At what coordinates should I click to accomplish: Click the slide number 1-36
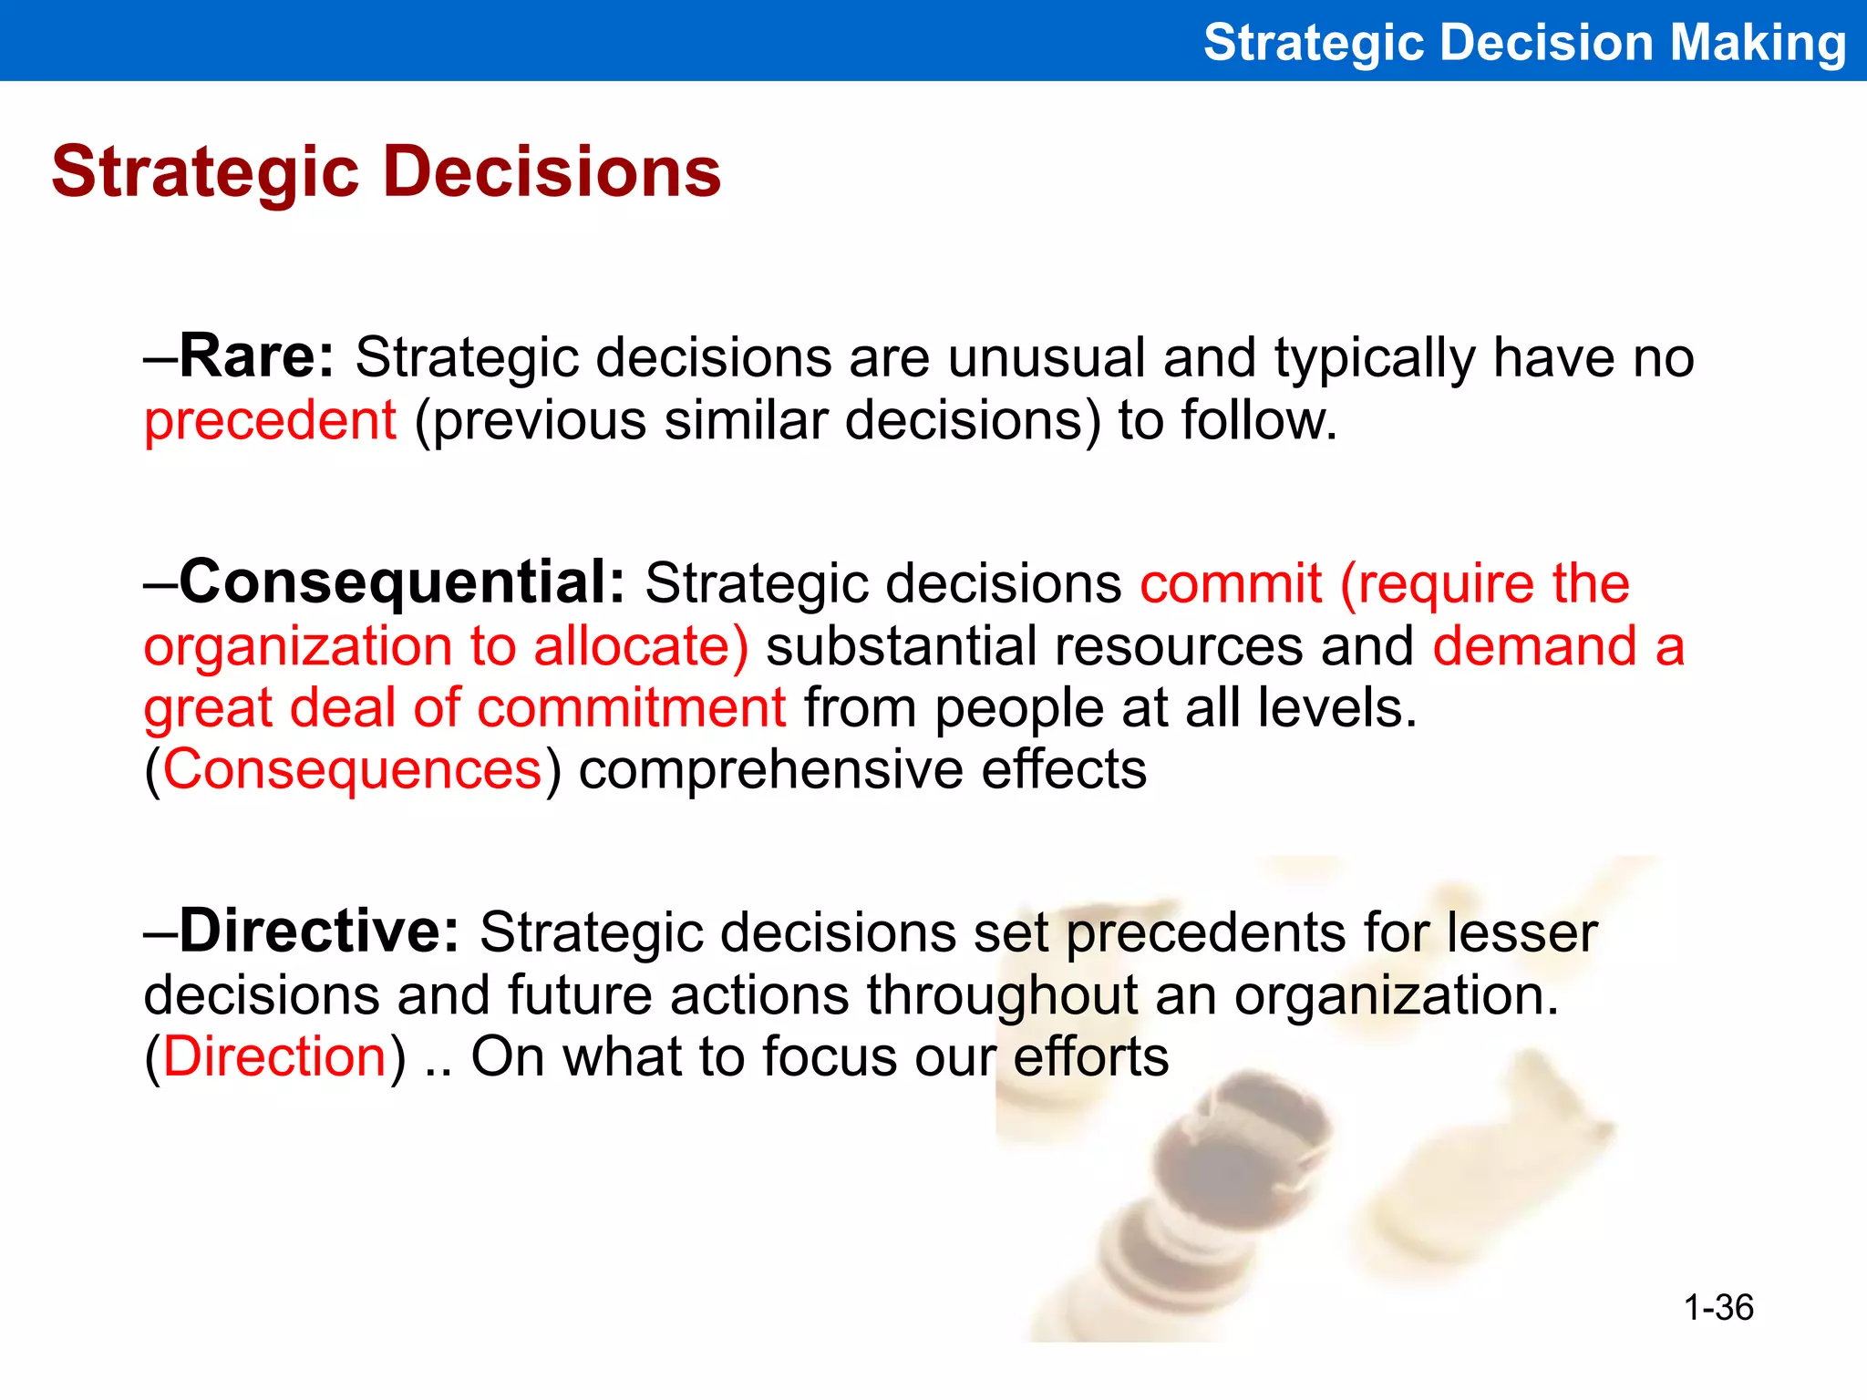coord(1717,1308)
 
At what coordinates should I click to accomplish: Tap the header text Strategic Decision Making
coord(1524,43)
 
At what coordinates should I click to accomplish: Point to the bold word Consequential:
coord(402,582)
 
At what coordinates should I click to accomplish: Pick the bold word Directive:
coord(320,932)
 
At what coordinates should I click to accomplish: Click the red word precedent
coord(270,421)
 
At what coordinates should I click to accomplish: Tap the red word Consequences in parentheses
coord(353,770)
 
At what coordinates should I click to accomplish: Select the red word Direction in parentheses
coord(274,1057)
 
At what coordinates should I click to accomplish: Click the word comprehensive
coord(770,770)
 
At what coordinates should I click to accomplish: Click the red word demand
coord(1535,646)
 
